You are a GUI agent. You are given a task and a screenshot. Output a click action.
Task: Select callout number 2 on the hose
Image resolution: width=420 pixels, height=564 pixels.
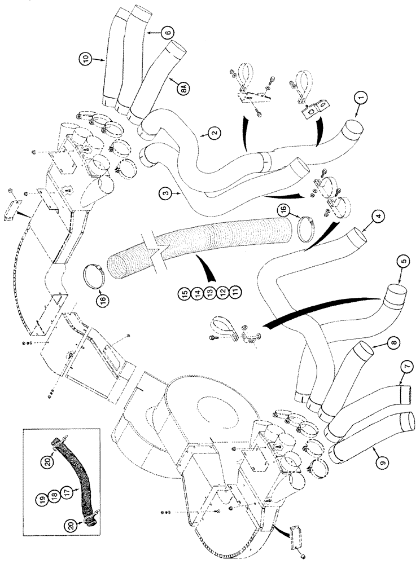pos(213,133)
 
